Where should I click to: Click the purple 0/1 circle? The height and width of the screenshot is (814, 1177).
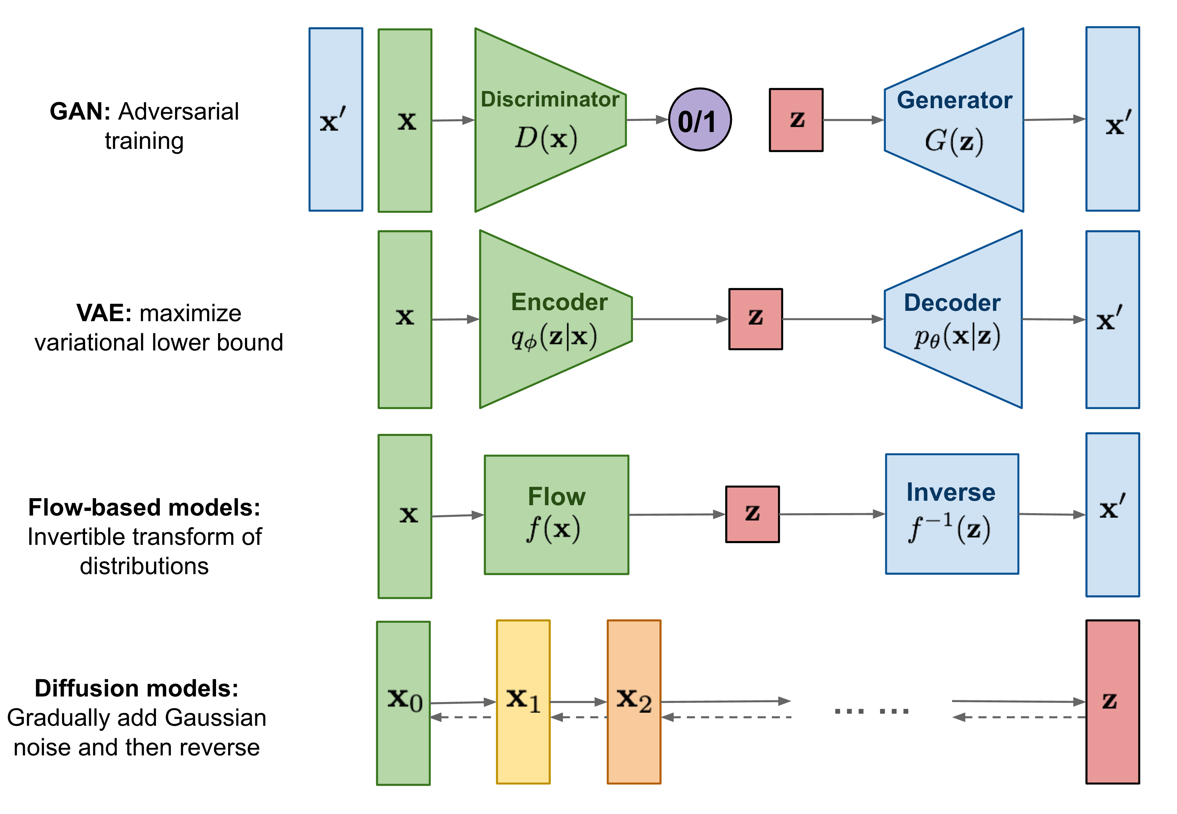point(700,120)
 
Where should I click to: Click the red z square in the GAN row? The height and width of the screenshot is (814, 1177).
point(796,120)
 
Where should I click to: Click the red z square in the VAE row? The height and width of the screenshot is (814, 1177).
point(755,319)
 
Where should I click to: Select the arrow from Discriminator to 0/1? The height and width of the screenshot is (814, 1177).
point(647,120)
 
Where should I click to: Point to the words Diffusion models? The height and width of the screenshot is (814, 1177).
point(137,689)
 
